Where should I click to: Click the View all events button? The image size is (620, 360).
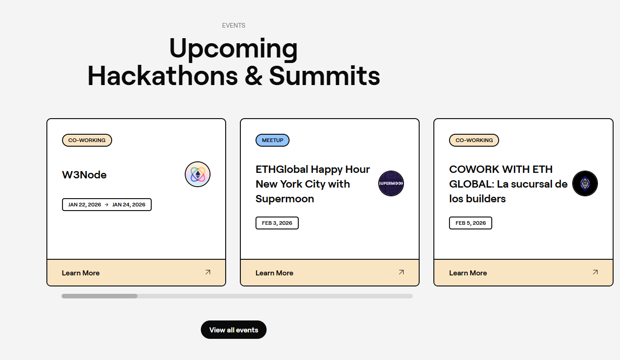point(233,330)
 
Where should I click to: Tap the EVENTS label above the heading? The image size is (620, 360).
point(233,25)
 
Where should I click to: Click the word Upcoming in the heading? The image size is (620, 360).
point(233,48)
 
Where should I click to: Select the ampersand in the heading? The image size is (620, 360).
point(253,75)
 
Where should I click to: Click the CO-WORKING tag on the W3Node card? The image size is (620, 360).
point(87,140)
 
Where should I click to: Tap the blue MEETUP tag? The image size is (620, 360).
point(273,140)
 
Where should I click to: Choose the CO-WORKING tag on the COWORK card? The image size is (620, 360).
point(474,140)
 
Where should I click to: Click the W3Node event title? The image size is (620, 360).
point(84,175)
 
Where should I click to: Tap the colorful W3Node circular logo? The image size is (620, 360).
point(198,174)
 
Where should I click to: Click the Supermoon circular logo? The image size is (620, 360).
point(391,183)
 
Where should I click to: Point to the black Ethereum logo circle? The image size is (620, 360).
point(585,183)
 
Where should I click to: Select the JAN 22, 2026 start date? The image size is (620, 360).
point(85,205)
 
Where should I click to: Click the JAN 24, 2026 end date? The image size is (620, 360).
point(129,205)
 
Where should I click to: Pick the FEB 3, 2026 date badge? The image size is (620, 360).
point(277,223)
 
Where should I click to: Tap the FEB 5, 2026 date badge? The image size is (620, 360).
point(471,223)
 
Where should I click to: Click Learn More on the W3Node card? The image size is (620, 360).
point(80,273)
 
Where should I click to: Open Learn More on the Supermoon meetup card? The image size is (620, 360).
point(274,273)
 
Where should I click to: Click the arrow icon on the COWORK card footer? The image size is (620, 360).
point(595,272)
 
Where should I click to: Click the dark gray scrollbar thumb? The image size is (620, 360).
point(99,296)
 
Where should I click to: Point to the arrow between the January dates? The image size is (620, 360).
point(107,205)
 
